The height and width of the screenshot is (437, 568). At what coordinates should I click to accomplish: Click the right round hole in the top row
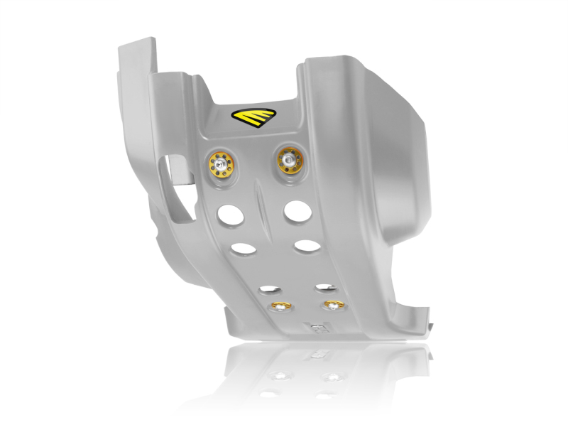click(295, 210)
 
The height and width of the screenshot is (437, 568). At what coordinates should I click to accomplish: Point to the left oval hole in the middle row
click(244, 249)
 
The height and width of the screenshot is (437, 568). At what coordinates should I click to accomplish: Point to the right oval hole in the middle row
click(306, 246)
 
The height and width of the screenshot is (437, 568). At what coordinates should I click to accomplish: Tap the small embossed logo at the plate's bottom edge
click(317, 329)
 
